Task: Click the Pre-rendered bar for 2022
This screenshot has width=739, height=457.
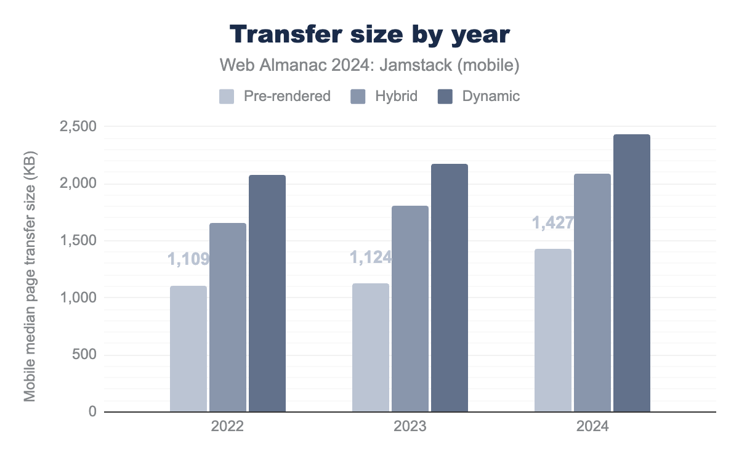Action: coord(188,349)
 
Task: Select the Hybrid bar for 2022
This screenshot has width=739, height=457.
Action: coord(228,317)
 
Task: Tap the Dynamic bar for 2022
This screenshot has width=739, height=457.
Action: coord(267,293)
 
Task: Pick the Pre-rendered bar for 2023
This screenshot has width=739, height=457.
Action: coord(371,347)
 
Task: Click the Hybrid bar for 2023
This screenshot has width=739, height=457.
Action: coord(410,309)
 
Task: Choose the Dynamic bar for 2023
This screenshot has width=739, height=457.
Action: coord(450,288)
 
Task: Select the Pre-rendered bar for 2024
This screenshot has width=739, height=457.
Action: coord(553,330)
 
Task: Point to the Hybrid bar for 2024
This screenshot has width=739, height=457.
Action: coord(592,293)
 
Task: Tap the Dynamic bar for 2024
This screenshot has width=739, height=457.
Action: coord(632,273)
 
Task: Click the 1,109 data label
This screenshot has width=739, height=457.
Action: coord(188,259)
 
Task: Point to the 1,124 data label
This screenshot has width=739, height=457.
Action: coord(371,257)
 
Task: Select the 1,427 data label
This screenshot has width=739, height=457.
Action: coord(553,222)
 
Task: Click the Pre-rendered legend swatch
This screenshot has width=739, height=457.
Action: coord(227,97)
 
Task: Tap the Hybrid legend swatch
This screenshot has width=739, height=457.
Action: coord(358,97)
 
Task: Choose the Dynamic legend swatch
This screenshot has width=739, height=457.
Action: coord(445,97)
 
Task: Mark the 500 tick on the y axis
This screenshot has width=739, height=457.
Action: coord(84,355)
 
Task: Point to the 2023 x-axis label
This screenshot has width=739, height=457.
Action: coord(410,427)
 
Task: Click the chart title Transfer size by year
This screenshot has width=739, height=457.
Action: coord(369,35)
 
